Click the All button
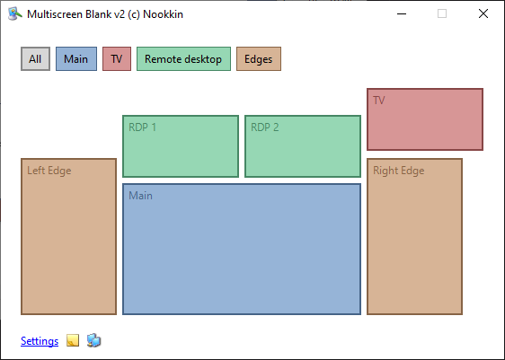[x=35, y=59]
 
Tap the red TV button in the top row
[x=117, y=59]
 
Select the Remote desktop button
[x=183, y=59]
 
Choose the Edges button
[x=259, y=59]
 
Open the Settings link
[x=40, y=341]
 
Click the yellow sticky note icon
[x=73, y=340]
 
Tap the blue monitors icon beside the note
[x=93, y=340]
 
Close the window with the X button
[x=483, y=13]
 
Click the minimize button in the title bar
[x=402, y=13]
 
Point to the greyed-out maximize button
[x=442, y=13]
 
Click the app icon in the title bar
[x=14, y=13]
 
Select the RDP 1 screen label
[x=142, y=127]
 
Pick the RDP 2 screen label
[x=265, y=127]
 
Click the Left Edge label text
[x=49, y=171]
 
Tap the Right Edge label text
[x=398, y=171]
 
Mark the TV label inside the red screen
[x=379, y=101]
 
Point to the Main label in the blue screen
[x=140, y=196]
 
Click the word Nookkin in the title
[x=163, y=14]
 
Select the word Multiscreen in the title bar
[x=55, y=14]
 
